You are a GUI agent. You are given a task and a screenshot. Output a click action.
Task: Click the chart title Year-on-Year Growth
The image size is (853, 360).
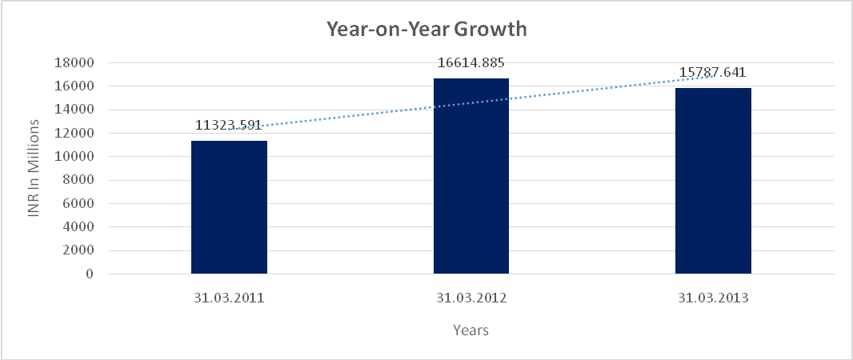[426, 30]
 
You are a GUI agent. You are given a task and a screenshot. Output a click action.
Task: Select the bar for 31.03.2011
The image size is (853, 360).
[229, 207]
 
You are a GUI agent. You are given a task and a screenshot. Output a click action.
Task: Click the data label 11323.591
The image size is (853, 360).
[229, 125]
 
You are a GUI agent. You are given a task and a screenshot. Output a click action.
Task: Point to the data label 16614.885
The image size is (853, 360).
[471, 62]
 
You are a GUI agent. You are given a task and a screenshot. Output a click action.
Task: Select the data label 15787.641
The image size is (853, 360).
[713, 73]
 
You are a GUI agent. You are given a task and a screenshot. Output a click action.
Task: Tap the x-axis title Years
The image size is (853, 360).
[471, 330]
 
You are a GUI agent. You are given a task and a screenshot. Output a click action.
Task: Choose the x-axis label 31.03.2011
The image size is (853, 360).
[229, 298]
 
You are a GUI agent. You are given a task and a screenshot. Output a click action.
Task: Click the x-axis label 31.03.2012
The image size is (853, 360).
[471, 298]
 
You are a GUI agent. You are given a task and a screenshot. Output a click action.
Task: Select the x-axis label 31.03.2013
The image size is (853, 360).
[713, 298]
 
